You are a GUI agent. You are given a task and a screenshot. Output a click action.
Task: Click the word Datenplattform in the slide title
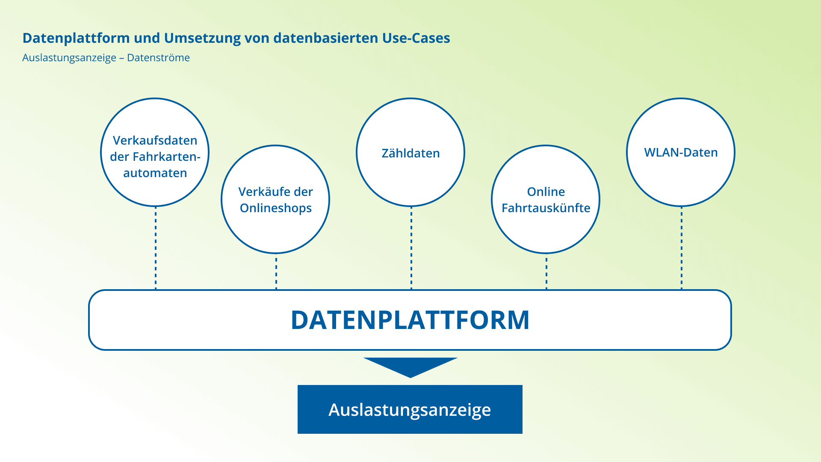76,38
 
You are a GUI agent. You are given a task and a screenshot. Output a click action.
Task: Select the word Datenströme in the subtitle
158,58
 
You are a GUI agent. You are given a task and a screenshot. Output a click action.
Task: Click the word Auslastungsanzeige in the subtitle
69,58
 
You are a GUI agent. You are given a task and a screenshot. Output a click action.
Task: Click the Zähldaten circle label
410,153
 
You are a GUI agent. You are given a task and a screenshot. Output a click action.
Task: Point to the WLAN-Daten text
681,153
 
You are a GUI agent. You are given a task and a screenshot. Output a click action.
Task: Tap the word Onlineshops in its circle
276,208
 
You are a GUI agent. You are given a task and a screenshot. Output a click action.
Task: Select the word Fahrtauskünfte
546,208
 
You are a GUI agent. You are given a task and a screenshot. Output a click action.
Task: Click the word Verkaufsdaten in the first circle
155,141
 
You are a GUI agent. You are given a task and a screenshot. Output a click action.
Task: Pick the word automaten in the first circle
155,173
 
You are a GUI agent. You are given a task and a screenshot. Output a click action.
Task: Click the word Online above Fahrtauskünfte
546,192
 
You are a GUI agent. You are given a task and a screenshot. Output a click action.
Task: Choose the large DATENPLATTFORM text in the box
410,320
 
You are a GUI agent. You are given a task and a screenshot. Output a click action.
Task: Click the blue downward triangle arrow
410,366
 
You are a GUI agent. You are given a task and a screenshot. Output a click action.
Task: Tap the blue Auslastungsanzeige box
410,409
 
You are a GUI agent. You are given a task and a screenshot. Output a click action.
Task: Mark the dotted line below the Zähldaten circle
411,248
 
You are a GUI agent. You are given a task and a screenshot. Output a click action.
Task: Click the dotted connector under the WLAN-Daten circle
681,248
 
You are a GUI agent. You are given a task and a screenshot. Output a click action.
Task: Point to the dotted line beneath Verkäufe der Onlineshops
276,272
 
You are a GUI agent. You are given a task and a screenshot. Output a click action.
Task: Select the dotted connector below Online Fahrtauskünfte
546,272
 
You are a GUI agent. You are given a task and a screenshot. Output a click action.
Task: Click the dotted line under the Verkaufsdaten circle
156,248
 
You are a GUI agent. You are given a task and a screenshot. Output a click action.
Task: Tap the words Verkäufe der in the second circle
276,192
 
